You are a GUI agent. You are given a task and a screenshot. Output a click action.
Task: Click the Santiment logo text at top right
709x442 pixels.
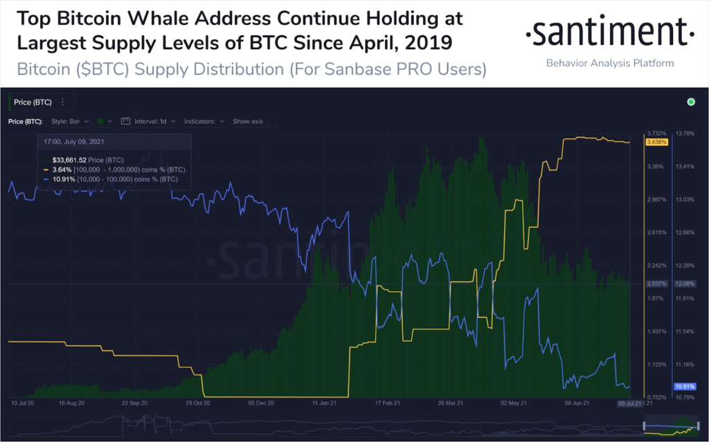pos(609,32)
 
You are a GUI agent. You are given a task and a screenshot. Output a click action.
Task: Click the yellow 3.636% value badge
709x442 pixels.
pos(656,142)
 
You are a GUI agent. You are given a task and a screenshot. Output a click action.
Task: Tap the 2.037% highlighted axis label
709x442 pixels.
pos(656,284)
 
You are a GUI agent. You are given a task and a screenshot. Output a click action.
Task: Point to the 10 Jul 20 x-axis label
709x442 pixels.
pos(24,403)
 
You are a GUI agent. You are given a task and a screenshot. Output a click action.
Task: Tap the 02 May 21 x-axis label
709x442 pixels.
pos(513,403)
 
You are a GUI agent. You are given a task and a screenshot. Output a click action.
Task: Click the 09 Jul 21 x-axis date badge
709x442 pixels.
pos(631,403)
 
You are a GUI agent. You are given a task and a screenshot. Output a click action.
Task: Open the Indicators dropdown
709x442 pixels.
pos(204,121)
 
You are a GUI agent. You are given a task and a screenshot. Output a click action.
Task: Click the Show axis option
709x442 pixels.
pos(248,121)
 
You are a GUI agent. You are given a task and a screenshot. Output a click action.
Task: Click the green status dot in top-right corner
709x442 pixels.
pos(690,102)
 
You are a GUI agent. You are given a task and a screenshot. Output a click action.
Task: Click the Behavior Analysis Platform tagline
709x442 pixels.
pos(609,63)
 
